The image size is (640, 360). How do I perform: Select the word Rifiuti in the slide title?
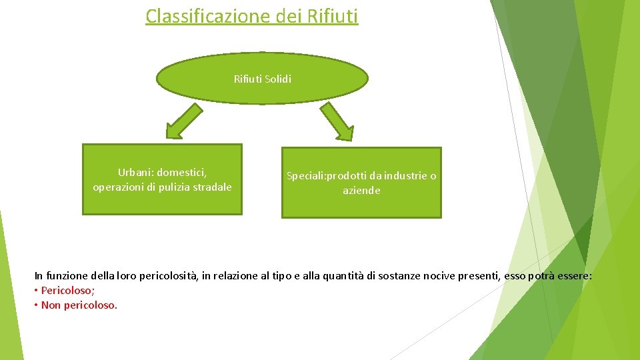[333, 15]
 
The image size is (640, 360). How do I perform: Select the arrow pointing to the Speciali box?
[338, 122]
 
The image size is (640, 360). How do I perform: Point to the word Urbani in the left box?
[134, 173]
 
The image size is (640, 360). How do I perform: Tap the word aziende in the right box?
[361, 191]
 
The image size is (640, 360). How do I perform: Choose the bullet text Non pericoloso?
[79, 305]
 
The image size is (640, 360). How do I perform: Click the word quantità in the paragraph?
[341, 275]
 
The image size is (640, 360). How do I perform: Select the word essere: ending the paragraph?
[575, 275]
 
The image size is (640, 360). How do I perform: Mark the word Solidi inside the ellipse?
[278, 79]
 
